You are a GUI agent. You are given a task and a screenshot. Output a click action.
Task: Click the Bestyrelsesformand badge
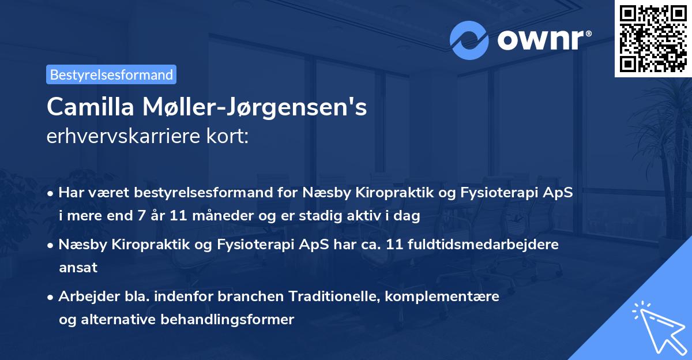111,74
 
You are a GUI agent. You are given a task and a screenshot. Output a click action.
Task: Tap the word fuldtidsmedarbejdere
485,244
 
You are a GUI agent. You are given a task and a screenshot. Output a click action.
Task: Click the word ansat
78,268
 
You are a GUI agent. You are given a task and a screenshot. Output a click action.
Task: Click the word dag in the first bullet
410,216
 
